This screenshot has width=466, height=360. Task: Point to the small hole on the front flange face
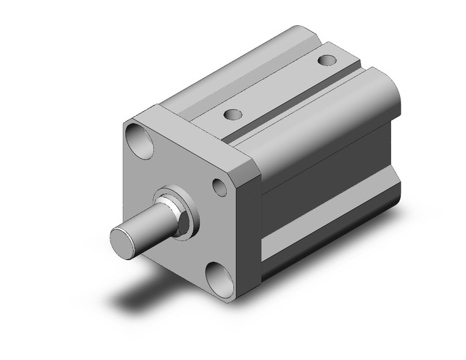click(219, 185)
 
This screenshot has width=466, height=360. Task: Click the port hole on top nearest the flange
click(232, 115)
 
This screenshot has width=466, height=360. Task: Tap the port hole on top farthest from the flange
click(327, 61)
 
